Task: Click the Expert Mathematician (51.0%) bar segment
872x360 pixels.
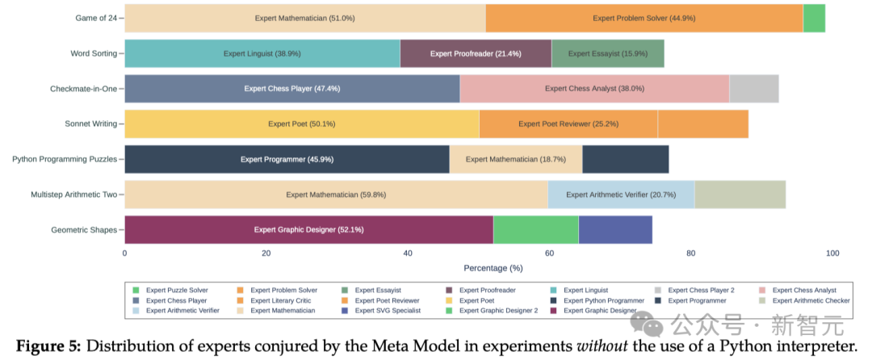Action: pyautogui.click(x=305, y=18)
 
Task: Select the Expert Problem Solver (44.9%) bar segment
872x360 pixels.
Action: pyautogui.click(x=644, y=18)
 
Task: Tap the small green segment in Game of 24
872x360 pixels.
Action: pyautogui.click(x=814, y=18)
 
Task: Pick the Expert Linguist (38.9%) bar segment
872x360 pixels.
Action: pyautogui.click(x=262, y=53)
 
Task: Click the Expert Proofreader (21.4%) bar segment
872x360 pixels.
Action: pyautogui.click(x=476, y=53)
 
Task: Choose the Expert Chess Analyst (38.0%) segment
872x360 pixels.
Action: pyautogui.click(x=594, y=88)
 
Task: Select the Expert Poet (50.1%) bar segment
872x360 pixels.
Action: pyautogui.click(x=302, y=123)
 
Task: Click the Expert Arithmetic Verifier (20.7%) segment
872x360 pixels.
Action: pyautogui.click(x=621, y=195)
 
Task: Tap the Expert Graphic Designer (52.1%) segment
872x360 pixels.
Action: pyautogui.click(x=308, y=229)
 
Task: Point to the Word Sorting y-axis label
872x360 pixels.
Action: pyautogui.click(x=94, y=53)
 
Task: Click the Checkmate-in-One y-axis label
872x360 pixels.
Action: pyautogui.click(x=83, y=88)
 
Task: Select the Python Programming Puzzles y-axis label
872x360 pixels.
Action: pyautogui.click(x=65, y=159)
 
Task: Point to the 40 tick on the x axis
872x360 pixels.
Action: pyautogui.click(x=408, y=253)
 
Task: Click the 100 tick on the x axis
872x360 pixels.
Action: pyautogui.click(x=832, y=253)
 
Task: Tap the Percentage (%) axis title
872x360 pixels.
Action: pyautogui.click(x=493, y=267)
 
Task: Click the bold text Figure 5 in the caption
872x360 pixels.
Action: pyautogui.click(x=48, y=346)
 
